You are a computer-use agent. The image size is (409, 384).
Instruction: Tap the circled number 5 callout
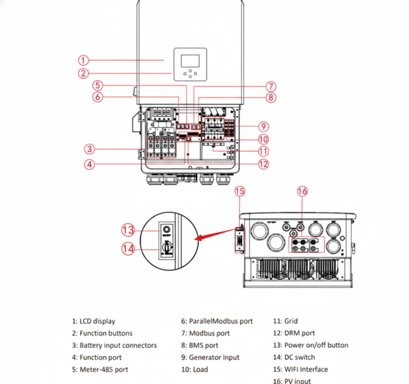(x=99, y=86)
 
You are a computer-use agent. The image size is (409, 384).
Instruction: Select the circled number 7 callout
(x=271, y=86)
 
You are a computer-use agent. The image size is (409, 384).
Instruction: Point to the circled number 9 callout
(x=263, y=126)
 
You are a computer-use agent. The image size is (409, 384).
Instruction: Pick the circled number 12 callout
(x=263, y=163)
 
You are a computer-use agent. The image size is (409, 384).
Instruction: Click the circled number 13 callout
(x=129, y=230)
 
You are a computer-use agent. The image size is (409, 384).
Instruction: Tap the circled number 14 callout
(x=129, y=249)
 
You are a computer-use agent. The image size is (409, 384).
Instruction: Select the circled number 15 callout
(x=239, y=192)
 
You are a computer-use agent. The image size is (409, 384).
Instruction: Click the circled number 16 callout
(x=302, y=192)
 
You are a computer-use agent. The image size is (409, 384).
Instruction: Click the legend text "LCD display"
(x=97, y=321)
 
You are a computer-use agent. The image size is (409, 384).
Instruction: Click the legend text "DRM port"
(x=299, y=333)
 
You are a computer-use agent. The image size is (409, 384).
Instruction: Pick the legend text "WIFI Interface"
(x=304, y=370)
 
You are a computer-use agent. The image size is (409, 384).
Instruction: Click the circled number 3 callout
(x=89, y=149)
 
